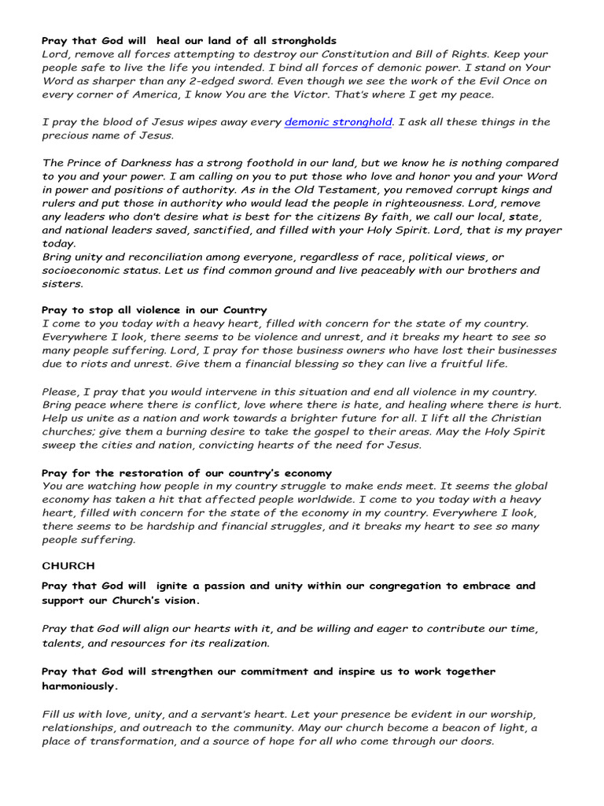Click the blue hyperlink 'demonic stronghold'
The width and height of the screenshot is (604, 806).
337,122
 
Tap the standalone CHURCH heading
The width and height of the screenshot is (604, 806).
68,565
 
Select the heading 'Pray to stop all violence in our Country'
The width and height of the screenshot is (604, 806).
154,310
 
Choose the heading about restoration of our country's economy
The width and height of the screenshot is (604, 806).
186,473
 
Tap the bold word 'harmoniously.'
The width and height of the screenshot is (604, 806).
80,686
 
